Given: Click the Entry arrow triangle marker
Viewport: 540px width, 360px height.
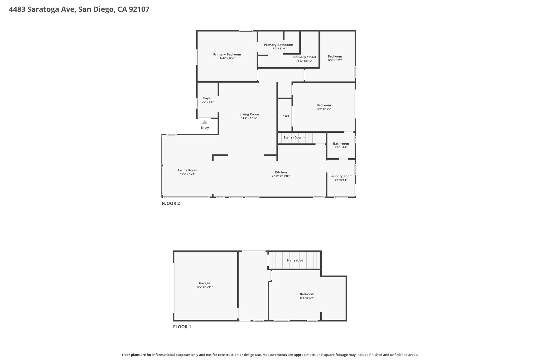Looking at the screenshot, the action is pyautogui.click(x=205, y=122).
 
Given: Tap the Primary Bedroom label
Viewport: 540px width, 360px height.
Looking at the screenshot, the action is pyautogui.click(x=227, y=55).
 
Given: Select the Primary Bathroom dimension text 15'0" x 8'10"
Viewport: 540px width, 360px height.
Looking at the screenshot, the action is pyautogui.click(x=278, y=49).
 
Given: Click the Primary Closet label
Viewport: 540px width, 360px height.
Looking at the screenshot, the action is pyautogui.click(x=305, y=57).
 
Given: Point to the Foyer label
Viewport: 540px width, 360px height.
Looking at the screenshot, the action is pyautogui.click(x=208, y=98).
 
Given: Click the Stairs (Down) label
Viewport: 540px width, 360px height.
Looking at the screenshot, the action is pyautogui.click(x=294, y=137).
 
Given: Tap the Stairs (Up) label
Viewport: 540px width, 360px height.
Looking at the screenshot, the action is pyautogui.click(x=295, y=260).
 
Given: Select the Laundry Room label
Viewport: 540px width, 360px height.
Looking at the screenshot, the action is pyautogui.click(x=341, y=176).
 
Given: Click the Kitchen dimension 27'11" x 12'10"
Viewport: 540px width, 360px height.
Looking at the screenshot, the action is pyautogui.click(x=281, y=176).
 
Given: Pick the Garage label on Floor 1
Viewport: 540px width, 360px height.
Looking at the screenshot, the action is pyautogui.click(x=205, y=283).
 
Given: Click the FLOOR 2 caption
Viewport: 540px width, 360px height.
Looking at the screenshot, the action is pyautogui.click(x=171, y=203).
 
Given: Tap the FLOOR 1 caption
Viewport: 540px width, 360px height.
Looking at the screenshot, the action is pyautogui.click(x=182, y=327).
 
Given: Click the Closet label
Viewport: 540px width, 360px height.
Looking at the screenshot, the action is pyautogui.click(x=284, y=116).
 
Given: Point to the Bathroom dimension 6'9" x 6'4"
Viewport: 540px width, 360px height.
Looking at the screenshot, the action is pyautogui.click(x=341, y=147).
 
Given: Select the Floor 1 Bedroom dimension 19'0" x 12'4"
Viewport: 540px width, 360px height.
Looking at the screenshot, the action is pyautogui.click(x=307, y=298).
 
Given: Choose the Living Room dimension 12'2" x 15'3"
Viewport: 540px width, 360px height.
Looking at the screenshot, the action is pyautogui.click(x=187, y=174).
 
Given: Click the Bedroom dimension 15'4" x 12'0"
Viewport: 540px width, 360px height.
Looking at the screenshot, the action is pyautogui.click(x=324, y=109).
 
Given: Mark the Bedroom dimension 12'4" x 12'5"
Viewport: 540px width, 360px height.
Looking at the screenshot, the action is pyautogui.click(x=335, y=60).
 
